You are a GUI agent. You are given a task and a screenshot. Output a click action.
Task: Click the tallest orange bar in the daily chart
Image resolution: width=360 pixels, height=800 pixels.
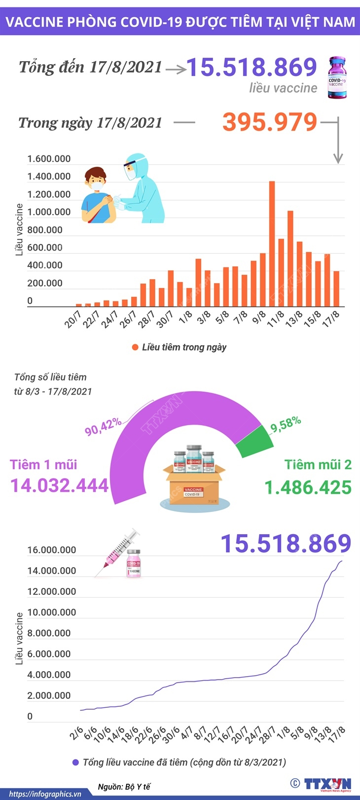tap(272, 244)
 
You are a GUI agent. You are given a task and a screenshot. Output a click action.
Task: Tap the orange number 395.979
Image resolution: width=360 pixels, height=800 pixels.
tap(269, 122)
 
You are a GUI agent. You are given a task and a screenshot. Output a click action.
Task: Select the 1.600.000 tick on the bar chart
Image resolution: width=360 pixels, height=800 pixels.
tap(49, 159)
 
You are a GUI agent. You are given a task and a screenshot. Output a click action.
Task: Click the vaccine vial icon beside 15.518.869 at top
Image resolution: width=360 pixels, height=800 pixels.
tap(337, 78)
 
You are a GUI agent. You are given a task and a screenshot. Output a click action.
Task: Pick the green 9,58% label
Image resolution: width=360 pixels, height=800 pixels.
tap(286, 424)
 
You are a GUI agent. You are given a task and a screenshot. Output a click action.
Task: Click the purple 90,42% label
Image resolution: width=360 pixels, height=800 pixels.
tap(103, 427)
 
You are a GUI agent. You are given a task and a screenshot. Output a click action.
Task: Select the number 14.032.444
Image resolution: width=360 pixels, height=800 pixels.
tap(60, 485)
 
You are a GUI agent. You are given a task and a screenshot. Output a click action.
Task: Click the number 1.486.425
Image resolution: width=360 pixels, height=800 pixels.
tap(308, 487)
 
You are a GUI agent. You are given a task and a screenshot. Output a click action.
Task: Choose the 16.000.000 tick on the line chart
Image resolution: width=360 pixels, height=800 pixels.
tap(52, 550)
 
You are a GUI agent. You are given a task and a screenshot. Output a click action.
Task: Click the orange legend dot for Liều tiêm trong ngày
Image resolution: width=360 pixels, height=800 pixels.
tap(135, 347)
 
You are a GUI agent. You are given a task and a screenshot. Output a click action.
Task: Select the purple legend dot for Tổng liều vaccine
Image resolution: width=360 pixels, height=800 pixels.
tap(75, 762)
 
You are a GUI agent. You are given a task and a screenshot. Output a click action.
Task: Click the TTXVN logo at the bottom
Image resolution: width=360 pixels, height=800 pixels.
tap(327, 784)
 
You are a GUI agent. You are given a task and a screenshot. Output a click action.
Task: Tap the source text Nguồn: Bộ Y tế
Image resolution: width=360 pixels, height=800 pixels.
tap(123, 787)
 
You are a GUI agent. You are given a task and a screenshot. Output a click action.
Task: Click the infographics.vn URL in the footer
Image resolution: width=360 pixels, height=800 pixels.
tap(45, 794)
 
